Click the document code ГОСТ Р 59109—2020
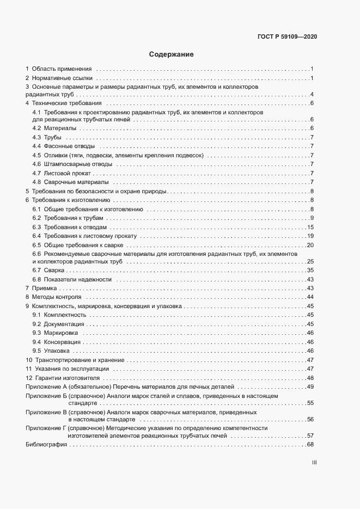[286, 37]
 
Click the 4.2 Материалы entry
[54, 128]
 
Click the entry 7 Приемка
[41, 287]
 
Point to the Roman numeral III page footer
[314, 463]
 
